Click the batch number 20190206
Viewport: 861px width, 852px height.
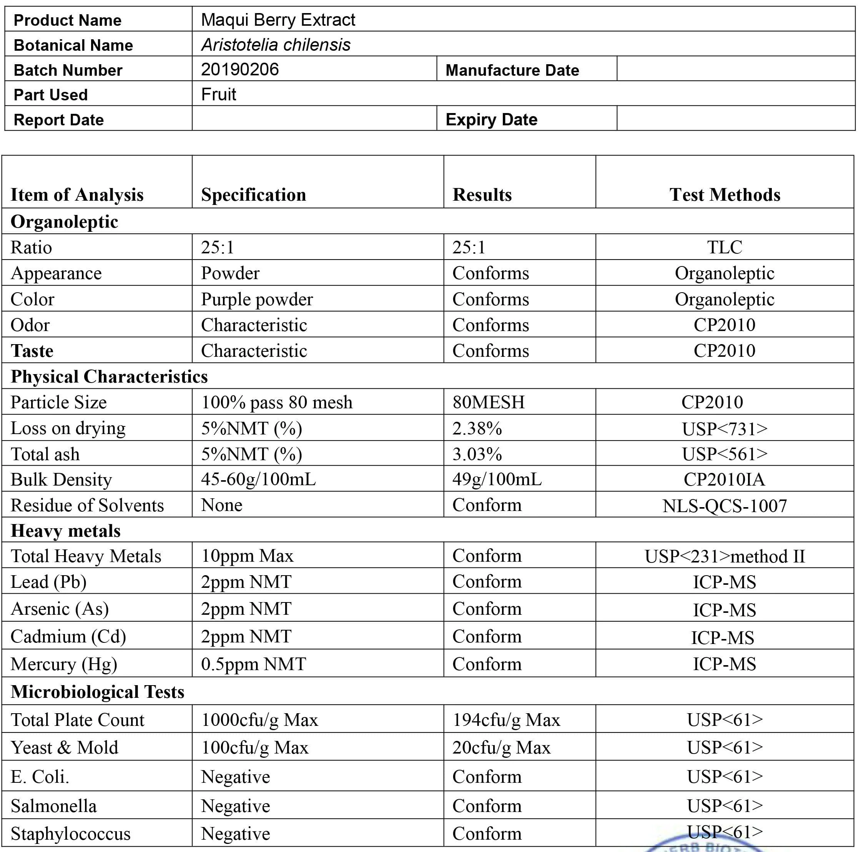[x=240, y=70]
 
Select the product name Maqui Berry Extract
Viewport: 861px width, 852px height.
[x=278, y=20]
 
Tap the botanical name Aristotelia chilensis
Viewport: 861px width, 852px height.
[x=276, y=45]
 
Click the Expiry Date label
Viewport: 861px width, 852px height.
[x=491, y=120]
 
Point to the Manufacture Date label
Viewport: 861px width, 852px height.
[x=512, y=70]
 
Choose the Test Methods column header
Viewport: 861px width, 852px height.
[x=724, y=195]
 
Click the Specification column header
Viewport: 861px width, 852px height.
[x=253, y=195]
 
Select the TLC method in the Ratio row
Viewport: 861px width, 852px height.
[x=724, y=247]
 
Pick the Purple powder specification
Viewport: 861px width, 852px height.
[x=257, y=299]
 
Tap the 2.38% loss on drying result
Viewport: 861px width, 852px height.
[x=477, y=428]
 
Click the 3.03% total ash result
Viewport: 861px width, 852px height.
[x=477, y=454]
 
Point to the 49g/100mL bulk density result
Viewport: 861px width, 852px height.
[x=497, y=479]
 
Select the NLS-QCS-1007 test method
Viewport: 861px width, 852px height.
[x=724, y=506]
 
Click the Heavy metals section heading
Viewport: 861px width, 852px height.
[x=65, y=531]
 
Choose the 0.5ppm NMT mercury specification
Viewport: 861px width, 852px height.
[x=253, y=664]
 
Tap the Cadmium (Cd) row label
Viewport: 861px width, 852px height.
[x=68, y=636]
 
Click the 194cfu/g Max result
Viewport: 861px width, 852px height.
[x=506, y=720]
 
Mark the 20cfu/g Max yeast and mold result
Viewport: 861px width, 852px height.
[x=501, y=747]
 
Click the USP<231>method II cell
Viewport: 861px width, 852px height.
[x=724, y=556]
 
